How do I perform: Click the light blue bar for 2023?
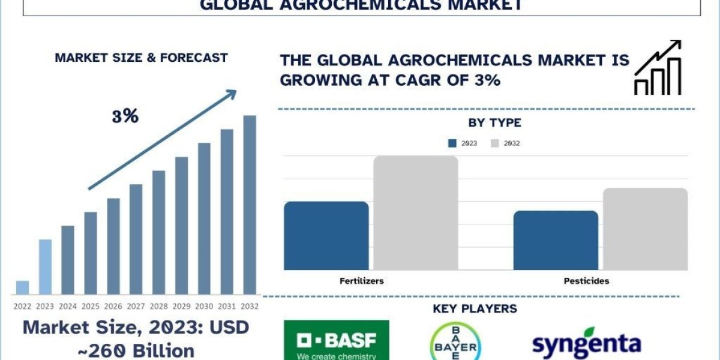coord(45,267)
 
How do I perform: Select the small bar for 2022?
coord(22,287)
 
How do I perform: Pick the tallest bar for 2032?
coord(250,204)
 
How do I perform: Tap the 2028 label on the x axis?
coord(158,306)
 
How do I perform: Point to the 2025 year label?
coord(91,306)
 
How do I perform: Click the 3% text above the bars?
coord(125,116)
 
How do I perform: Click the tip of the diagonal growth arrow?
coord(235,92)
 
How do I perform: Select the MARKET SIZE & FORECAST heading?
coord(141,58)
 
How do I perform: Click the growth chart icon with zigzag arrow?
coord(658,68)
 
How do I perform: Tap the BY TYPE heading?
coord(494,123)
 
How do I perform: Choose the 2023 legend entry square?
coord(452,143)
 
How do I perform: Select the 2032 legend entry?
coord(504,143)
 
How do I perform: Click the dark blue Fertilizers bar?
coord(326,236)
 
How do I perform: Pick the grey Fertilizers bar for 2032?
coord(416,213)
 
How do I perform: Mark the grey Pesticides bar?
coord(645,229)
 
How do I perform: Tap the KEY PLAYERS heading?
coord(475,309)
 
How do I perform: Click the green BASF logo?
coord(336,340)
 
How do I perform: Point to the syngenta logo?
coord(586,343)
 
